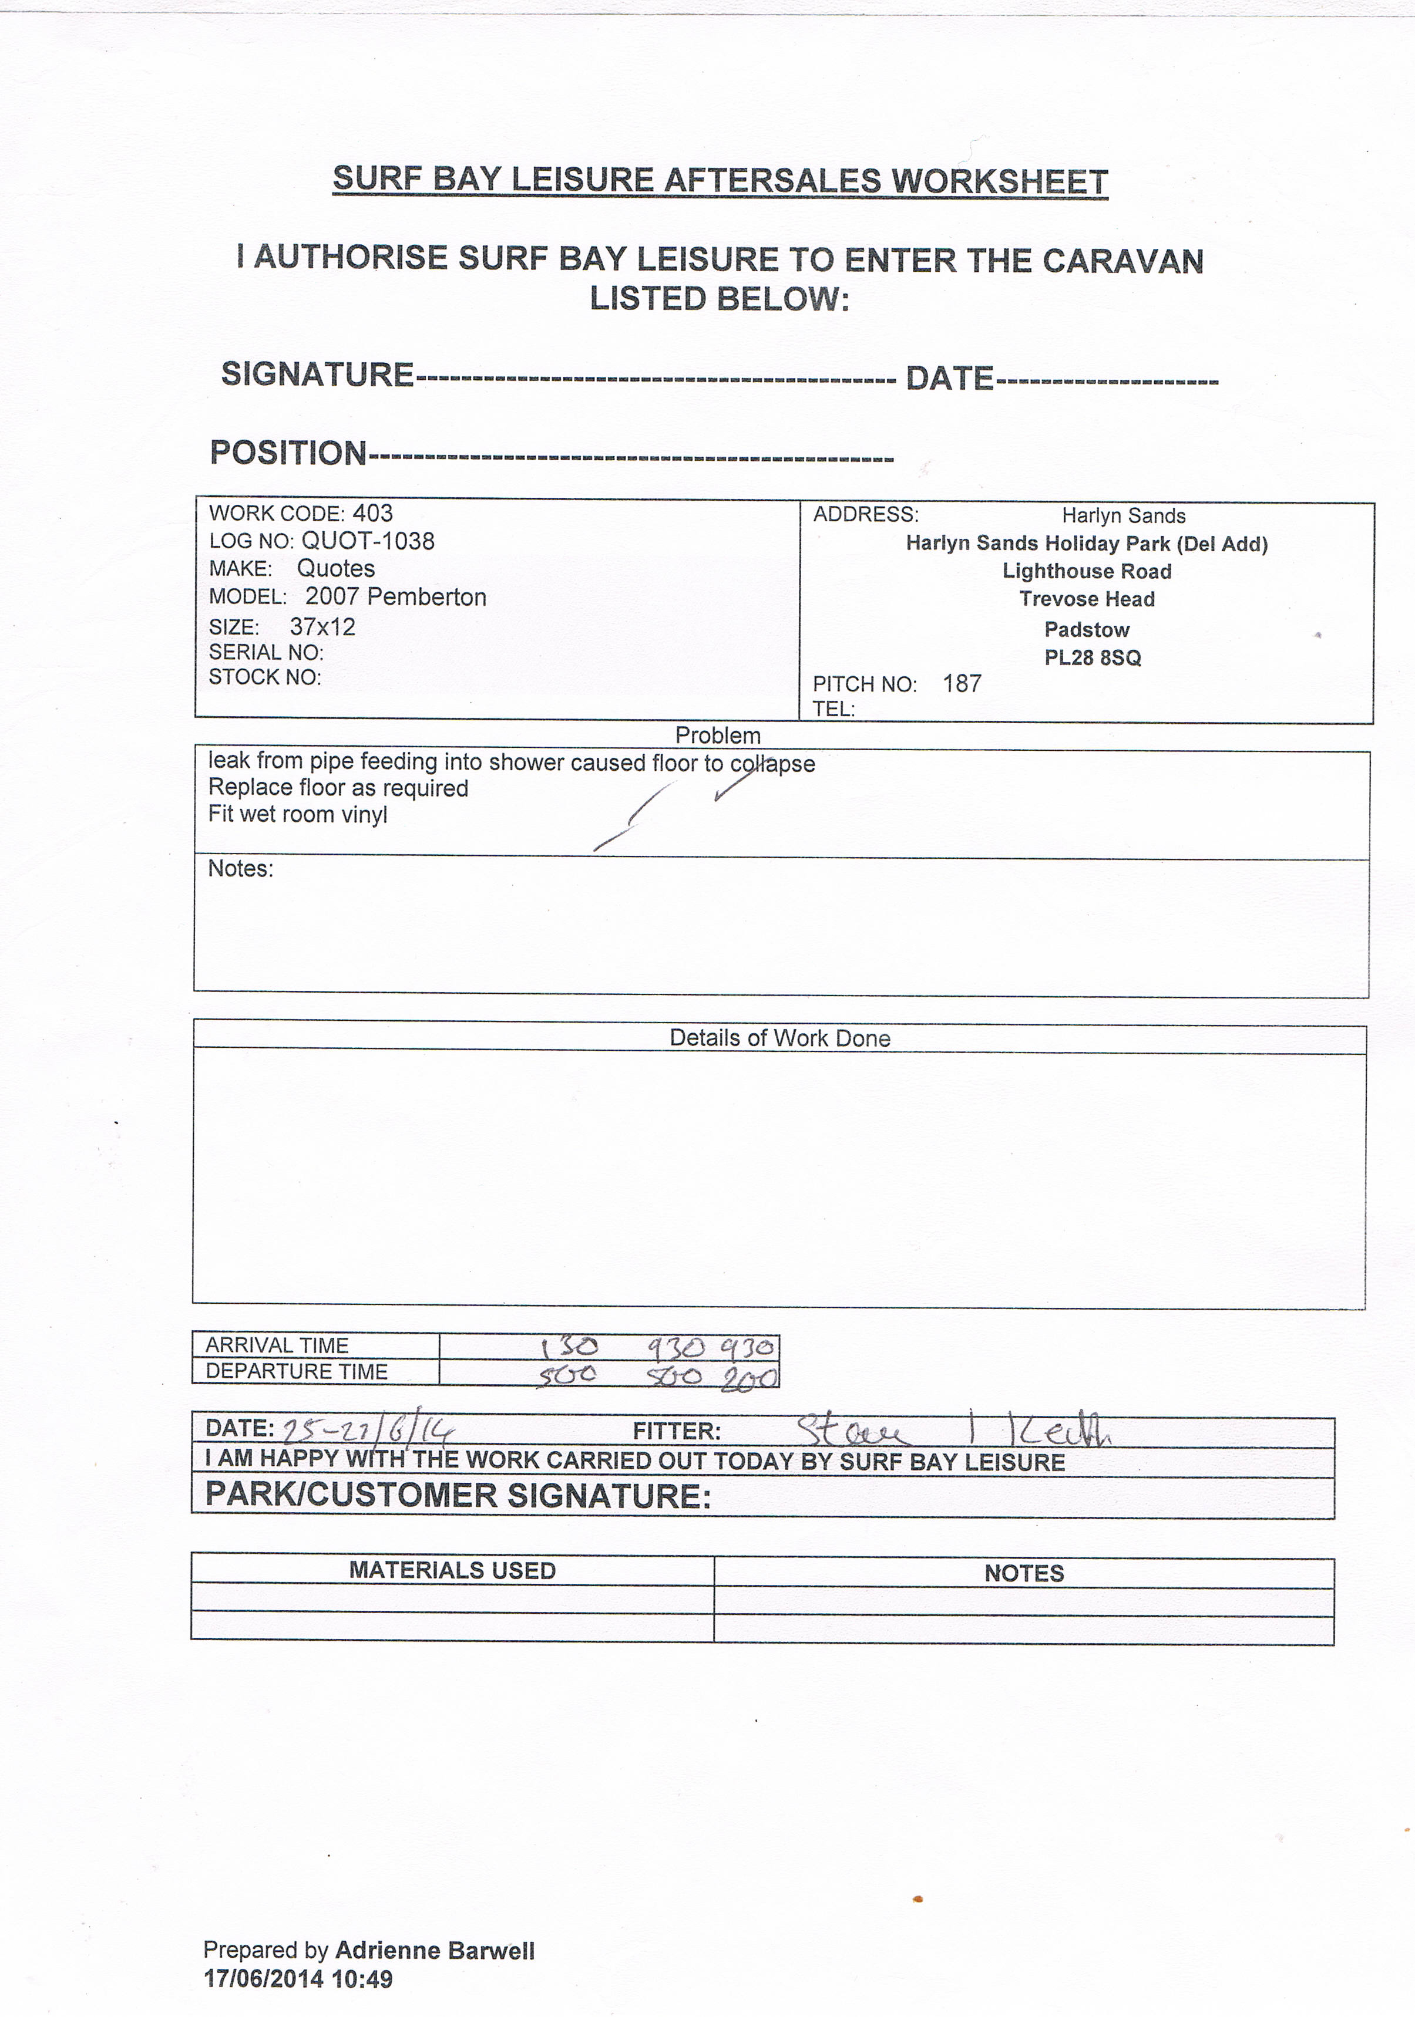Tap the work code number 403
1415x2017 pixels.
point(372,514)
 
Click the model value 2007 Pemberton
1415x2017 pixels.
point(395,598)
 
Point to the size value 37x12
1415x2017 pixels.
point(322,628)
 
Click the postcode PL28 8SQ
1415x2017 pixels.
point(1093,658)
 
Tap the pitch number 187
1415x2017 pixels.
point(962,683)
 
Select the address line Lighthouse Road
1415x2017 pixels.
point(1087,572)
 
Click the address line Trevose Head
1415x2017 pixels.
point(1087,599)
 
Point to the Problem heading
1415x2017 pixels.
point(717,736)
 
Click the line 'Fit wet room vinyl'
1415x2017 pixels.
point(297,814)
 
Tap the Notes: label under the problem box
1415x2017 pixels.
point(240,869)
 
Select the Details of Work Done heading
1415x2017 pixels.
point(779,1038)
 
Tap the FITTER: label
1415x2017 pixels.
point(677,1432)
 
